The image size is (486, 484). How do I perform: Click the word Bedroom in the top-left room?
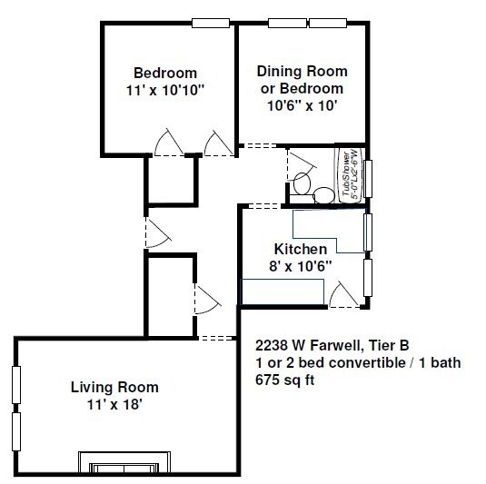(165, 73)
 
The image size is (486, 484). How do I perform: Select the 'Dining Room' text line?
(302, 71)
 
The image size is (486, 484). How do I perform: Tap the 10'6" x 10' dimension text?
(302, 104)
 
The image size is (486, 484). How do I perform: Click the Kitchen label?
(301, 248)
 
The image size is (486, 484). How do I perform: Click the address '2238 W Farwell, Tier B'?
(332, 346)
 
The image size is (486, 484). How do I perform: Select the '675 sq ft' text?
(285, 380)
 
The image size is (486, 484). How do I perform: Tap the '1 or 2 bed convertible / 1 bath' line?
(358, 363)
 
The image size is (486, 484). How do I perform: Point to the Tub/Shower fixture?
(350, 173)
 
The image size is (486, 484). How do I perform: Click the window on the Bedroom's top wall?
(210, 24)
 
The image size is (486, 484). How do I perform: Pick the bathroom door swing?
(298, 163)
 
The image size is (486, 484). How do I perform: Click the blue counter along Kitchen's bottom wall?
(282, 291)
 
